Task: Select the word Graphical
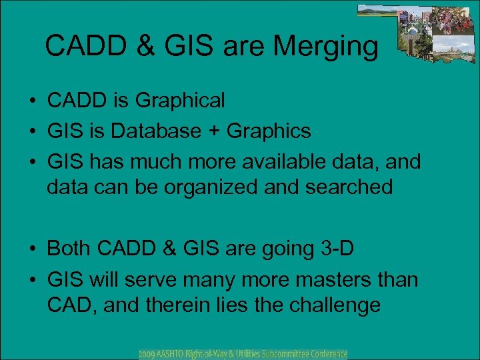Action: [180, 101]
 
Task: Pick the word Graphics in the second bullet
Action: [269, 131]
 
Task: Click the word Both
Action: [69, 249]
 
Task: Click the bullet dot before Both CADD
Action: [32, 250]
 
